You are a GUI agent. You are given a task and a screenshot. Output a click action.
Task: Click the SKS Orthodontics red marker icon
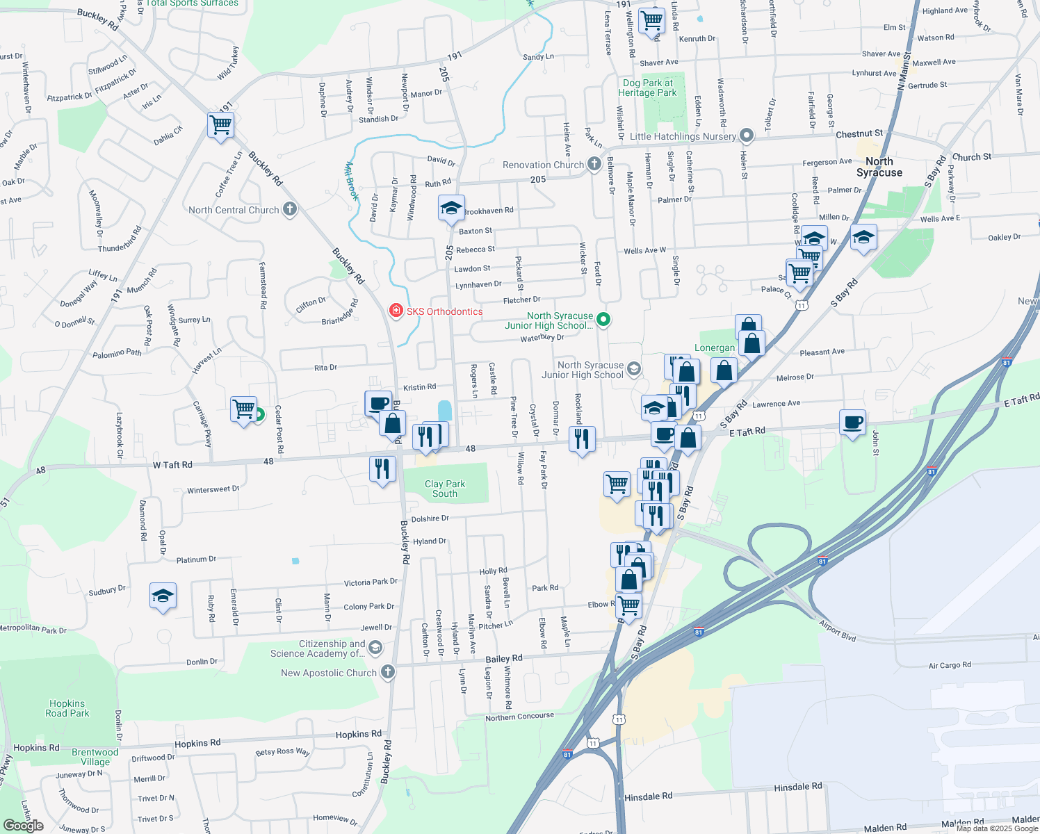(396, 311)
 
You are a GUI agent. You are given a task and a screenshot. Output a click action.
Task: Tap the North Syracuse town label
(879, 167)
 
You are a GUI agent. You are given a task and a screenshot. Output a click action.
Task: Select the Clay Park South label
(445, 489)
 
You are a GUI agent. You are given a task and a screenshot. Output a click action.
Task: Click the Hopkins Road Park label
(67, 708)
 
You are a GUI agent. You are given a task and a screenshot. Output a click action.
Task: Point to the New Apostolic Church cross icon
(388, 672)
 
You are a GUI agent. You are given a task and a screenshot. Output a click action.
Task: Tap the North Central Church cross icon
(290, 209)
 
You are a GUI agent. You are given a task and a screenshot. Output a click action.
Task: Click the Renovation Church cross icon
(594, 164)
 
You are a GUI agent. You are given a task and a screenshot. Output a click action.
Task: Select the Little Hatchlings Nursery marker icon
(747, 136)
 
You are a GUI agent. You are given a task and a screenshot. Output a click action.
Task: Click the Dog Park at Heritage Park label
(647, 88)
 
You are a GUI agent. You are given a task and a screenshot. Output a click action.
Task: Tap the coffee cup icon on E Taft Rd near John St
(853, 422)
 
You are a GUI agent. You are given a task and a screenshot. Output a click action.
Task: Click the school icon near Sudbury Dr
(163, 596)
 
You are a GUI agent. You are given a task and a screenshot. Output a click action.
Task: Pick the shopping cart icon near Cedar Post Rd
(243, 409)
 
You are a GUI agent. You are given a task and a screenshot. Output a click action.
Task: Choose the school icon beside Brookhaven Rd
(451, 208)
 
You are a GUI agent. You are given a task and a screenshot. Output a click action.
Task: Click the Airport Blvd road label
(838, 631)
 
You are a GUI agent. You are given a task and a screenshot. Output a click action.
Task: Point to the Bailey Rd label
(504, 658)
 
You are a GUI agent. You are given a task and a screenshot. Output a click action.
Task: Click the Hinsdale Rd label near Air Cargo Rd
(798, 787)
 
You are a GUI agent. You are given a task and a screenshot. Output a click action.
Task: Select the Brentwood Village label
(95, 757)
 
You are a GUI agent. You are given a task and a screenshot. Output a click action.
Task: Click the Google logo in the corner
(24, 826)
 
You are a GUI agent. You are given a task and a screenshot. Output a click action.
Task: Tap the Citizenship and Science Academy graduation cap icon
(375, 648)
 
